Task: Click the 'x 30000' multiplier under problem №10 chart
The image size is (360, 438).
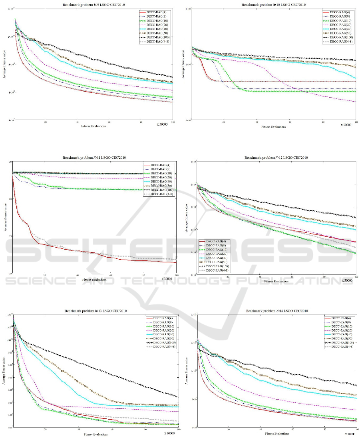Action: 347,125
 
